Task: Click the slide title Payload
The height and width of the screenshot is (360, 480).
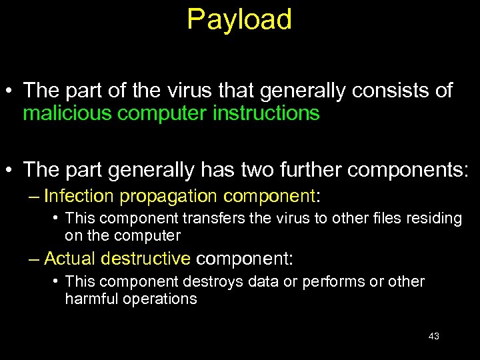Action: tap(239, 20)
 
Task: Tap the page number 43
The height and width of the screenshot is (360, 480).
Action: tap(433, 336)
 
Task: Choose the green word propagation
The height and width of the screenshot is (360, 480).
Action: tap(170, 196)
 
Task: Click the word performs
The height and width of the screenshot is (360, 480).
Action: tap(330, 281)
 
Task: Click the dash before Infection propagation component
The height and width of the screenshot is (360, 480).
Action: tap(34, 196)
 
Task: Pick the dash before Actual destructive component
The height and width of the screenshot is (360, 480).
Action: tap(34, 258)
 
